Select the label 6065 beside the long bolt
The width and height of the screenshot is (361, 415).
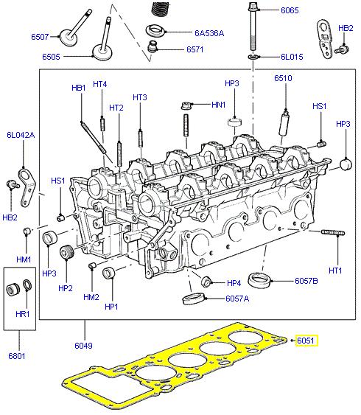point(290,12)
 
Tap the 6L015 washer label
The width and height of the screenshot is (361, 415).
point(291,57)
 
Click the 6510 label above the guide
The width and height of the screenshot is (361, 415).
point(283,77)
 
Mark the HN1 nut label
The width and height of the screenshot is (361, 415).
point(218,105)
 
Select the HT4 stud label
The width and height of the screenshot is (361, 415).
point(100,84)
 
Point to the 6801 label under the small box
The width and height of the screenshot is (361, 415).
point(17,357)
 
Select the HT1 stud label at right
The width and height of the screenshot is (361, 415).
point(335,271)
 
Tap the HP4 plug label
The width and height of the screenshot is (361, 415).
point(234,283)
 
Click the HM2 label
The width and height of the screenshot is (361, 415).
point(91,297)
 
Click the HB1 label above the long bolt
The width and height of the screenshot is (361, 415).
point(79,88)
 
